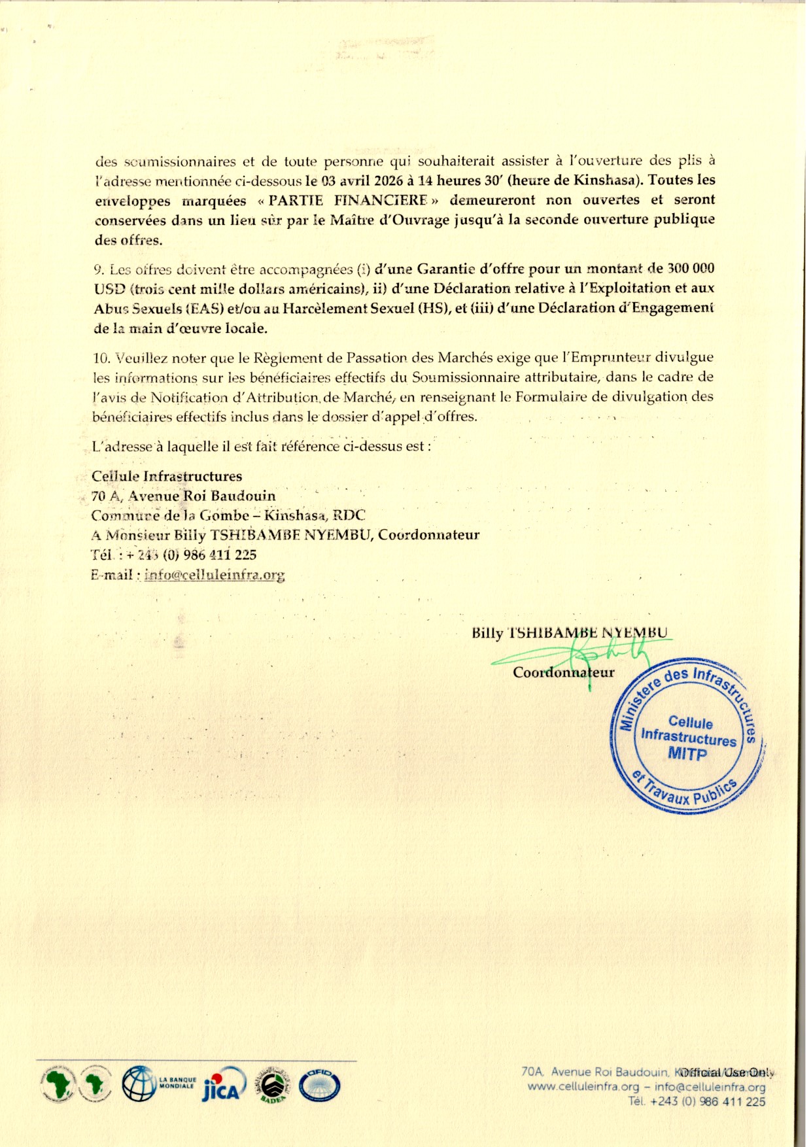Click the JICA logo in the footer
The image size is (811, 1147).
pyautogui.click(x=224, y=1087)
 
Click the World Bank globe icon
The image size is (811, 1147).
pyautogui.click(x=138, y=1084)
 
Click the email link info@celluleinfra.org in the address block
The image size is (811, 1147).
pyautogui.click(x=215, y=575)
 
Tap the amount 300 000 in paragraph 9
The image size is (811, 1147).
pyautogui.click(x=690, y=269)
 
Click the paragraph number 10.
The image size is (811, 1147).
pyautogui.click(x=101, y=358)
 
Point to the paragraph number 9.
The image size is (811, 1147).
pyautogui.click(x=99, y=269)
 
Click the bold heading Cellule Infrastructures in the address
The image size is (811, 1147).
pyautogui.click(x=167, y=476)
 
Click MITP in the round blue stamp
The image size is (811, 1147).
pyautogui.click(x=687, y=754)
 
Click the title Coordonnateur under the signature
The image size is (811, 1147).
pyautogui.click(x=563, y=672)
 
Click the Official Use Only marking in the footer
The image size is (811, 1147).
pyautogui.click(x=725, y=1072)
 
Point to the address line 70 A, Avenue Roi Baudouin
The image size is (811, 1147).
pyautogui.click(x=183, y=496)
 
